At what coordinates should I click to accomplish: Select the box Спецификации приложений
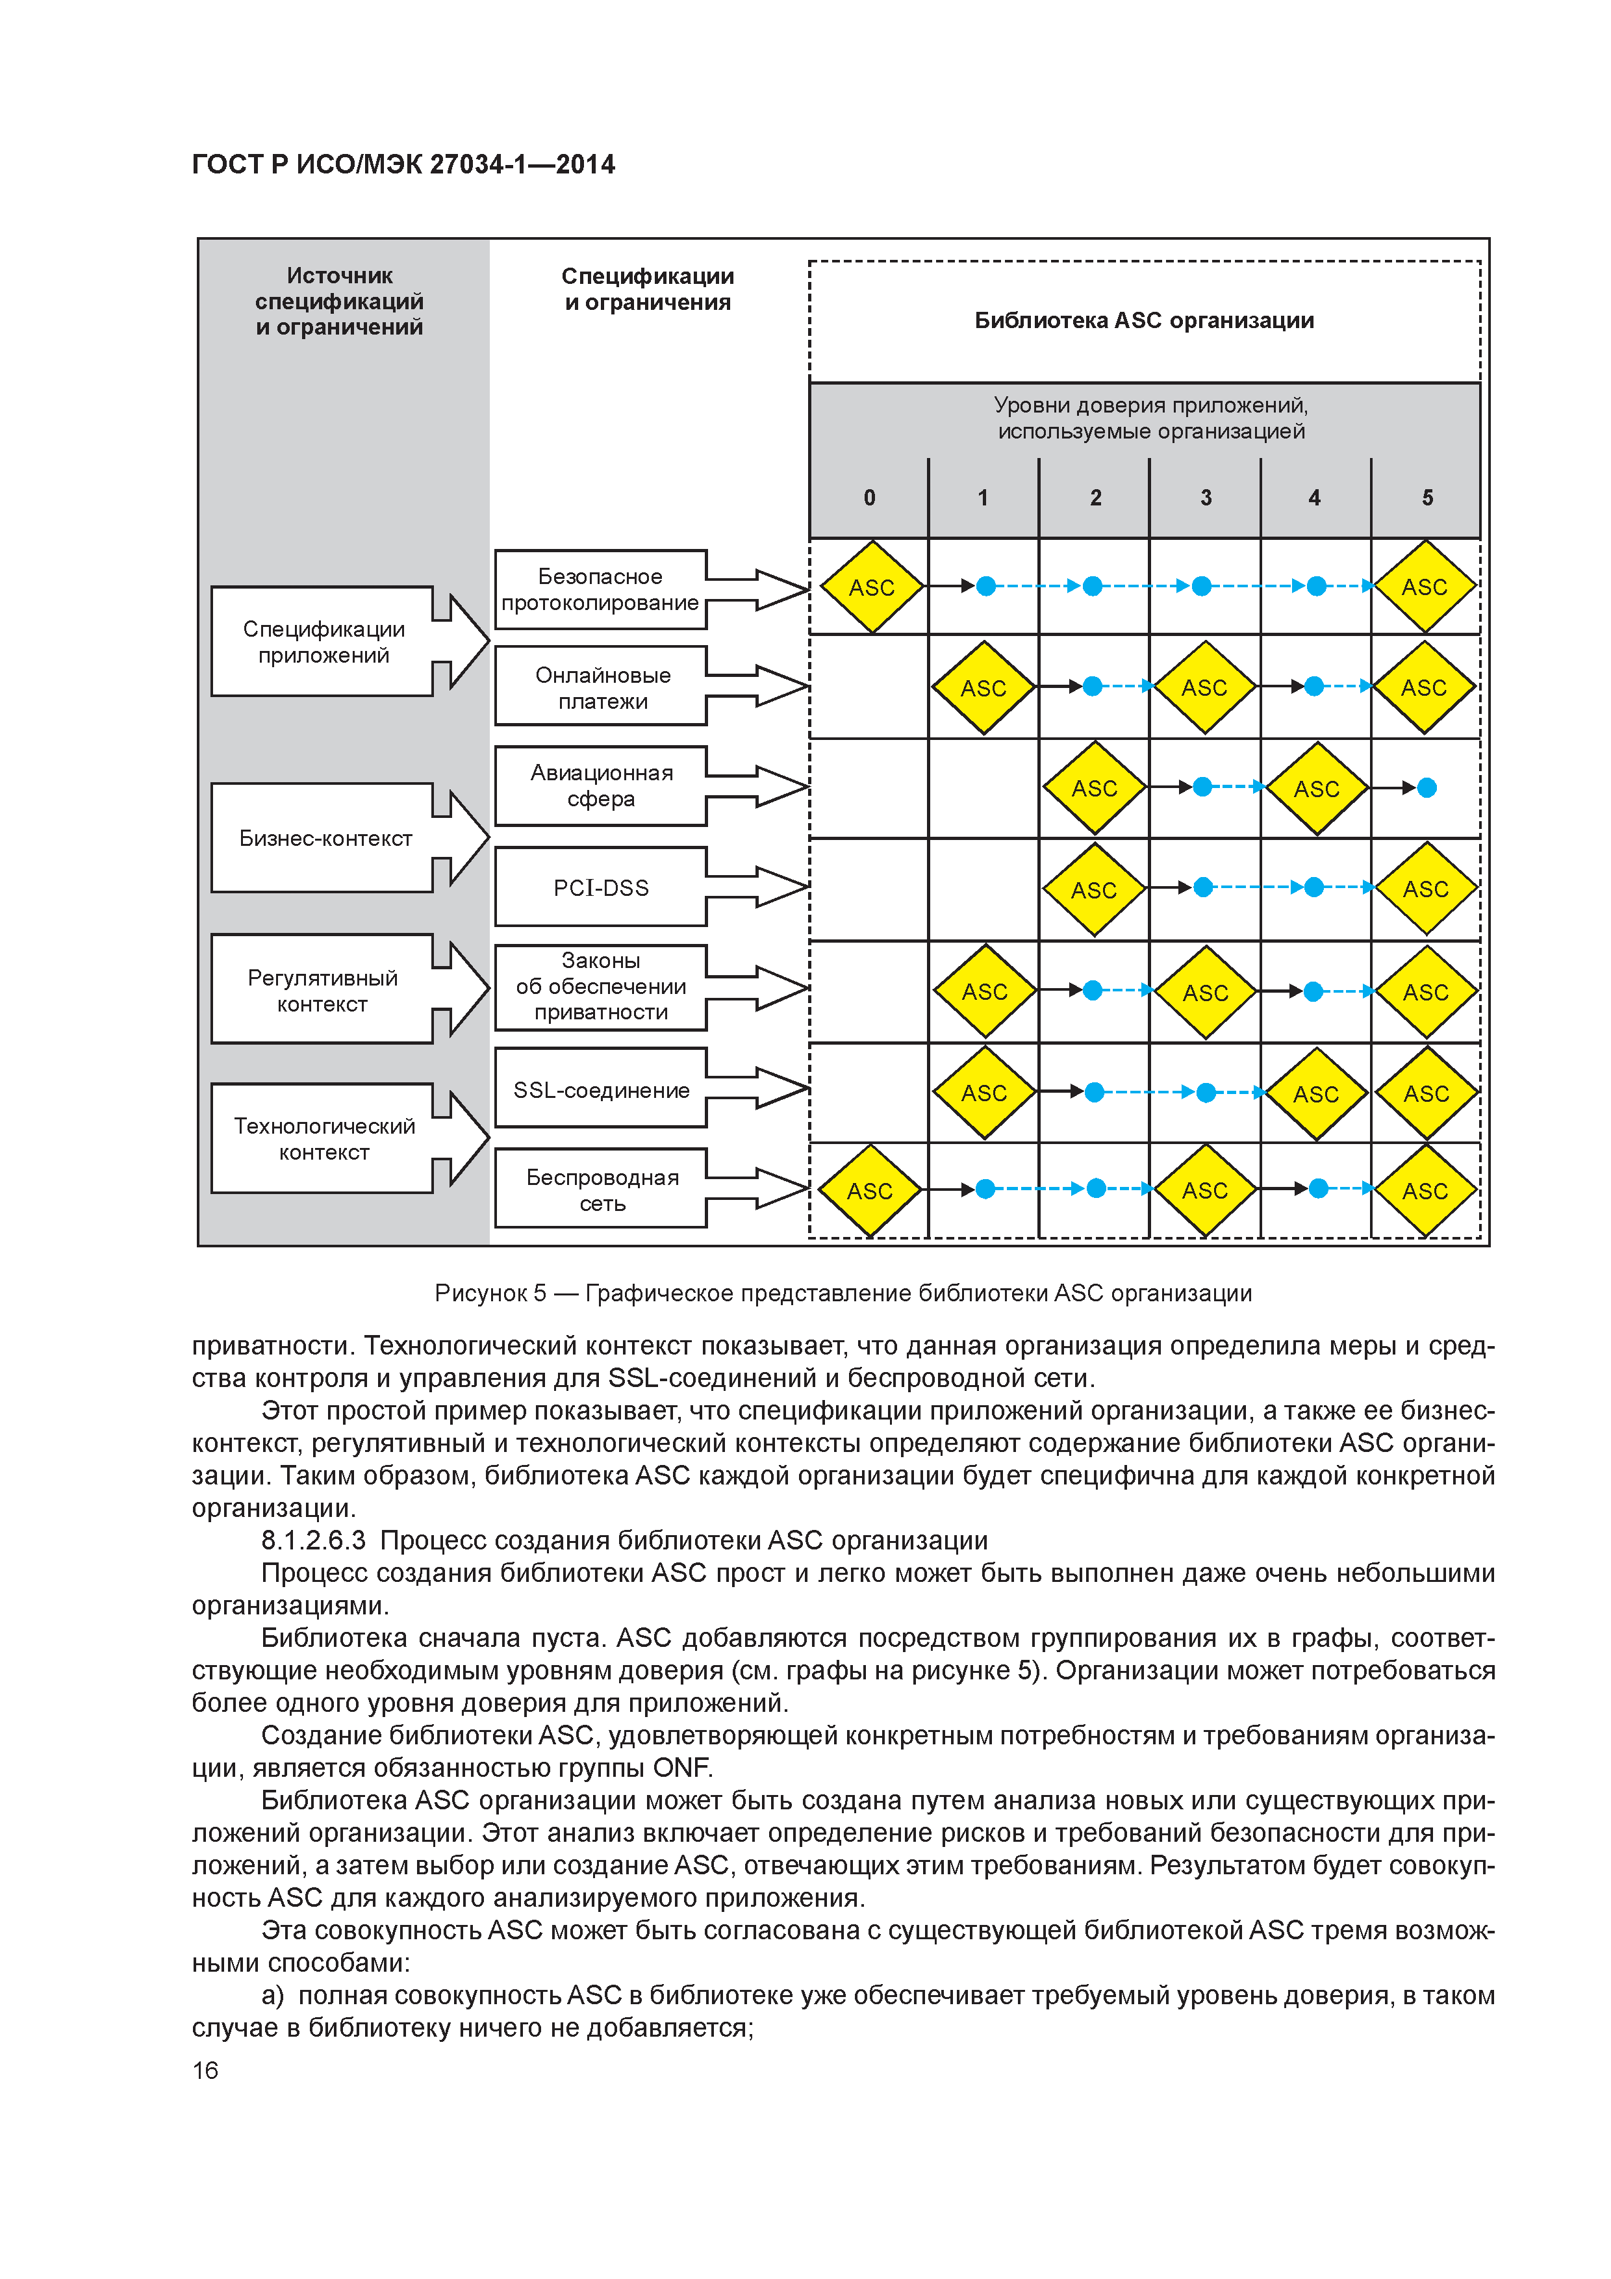coord(323,641)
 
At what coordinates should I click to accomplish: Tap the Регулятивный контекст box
coord(323,989)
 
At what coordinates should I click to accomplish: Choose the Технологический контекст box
coord(323,1138)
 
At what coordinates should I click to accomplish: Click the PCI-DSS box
coord(600,886)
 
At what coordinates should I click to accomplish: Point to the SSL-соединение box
coord(600,1089)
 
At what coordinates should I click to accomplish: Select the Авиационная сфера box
coord(600,785)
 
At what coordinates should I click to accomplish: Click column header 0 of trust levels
coord(870,497)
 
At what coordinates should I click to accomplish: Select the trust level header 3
coord(1205,497)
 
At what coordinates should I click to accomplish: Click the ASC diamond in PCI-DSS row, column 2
coord(1094,889)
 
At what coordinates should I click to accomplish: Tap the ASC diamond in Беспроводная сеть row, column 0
coord(870,1190)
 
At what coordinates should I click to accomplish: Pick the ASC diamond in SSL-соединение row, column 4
coord(1316,1093)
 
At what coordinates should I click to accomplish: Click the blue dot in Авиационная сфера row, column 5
coord(1427,787)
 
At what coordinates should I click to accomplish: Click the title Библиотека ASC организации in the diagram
coord(1143,320)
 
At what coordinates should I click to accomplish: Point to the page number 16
coord(205,2070)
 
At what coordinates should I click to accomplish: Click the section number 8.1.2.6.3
coord(312,1540)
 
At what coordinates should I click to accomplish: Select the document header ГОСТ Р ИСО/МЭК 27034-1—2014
coord(403,164)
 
